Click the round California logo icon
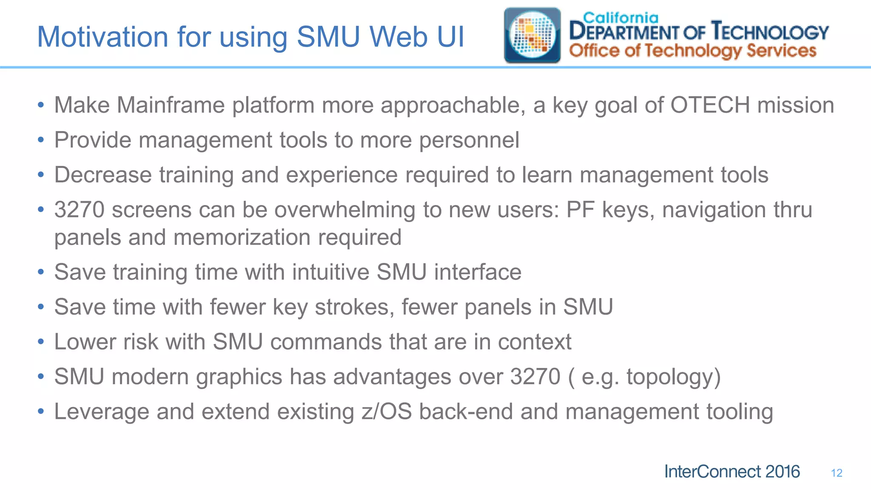[532, 36]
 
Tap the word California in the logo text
[620, 17]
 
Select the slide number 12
[837, 473]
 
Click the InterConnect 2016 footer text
[732, 472]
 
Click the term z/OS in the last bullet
[387, 412]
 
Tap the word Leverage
[102, 412]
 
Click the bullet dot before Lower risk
[41, 342]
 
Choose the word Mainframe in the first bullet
[171, 105]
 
